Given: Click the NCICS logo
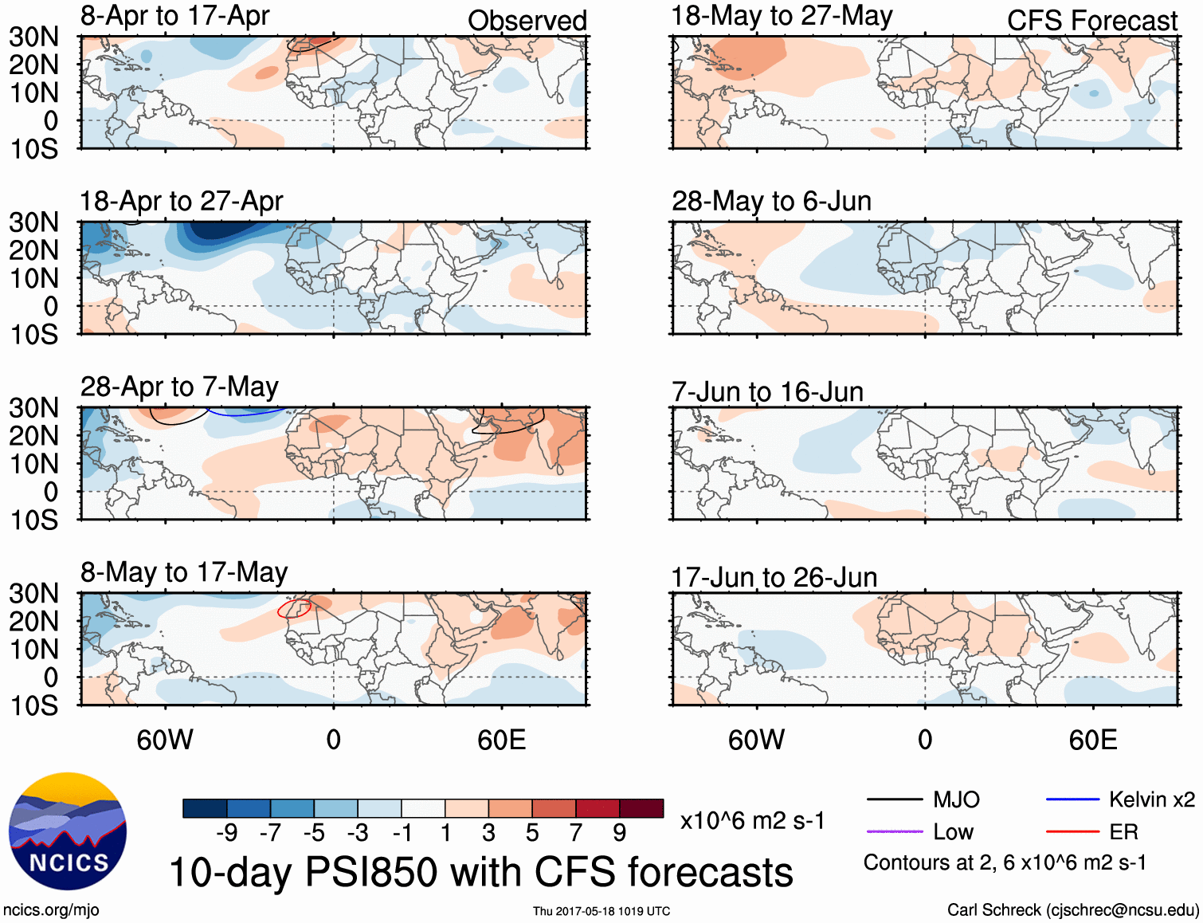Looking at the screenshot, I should (68, 831).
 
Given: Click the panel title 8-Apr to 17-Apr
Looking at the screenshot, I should (174, 16).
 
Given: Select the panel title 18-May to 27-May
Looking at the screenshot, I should (782, 16).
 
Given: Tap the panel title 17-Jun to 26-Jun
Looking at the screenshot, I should (774, 577).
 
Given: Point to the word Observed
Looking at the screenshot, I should (527, 21).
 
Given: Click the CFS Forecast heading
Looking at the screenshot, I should (1091, 21).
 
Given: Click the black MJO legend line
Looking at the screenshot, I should (894, 799).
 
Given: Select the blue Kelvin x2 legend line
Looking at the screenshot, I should (1072, 799).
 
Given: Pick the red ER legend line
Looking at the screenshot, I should (1072, 831).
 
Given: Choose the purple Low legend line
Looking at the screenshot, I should (894, 831).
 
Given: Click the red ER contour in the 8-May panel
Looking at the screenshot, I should (293, 608).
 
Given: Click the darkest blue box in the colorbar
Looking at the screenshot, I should (205, 808).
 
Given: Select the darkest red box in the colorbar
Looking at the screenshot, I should (641, 808).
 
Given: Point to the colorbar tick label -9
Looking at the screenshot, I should (226, 833).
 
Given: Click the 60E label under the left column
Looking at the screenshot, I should (501, 740).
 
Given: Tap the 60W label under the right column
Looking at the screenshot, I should (756, 740).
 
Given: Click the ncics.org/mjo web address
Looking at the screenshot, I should (51, 909).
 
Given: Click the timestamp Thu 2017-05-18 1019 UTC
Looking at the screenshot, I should (601, 911).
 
